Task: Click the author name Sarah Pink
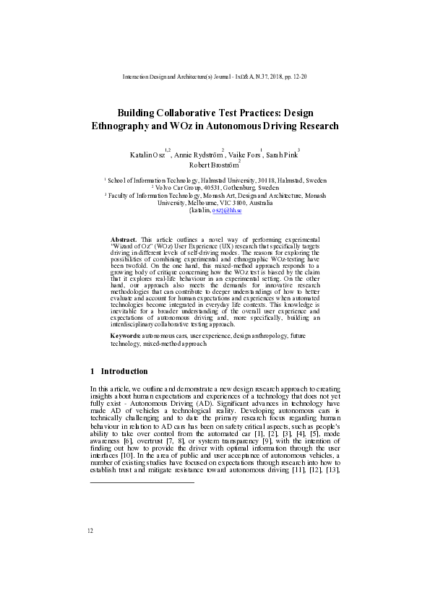pyautogui.click(x=282, y=155)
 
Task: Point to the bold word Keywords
pyautogui.click(x=125, y=336)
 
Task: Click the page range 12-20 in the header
pyautogui.click(x=298, y=76)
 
